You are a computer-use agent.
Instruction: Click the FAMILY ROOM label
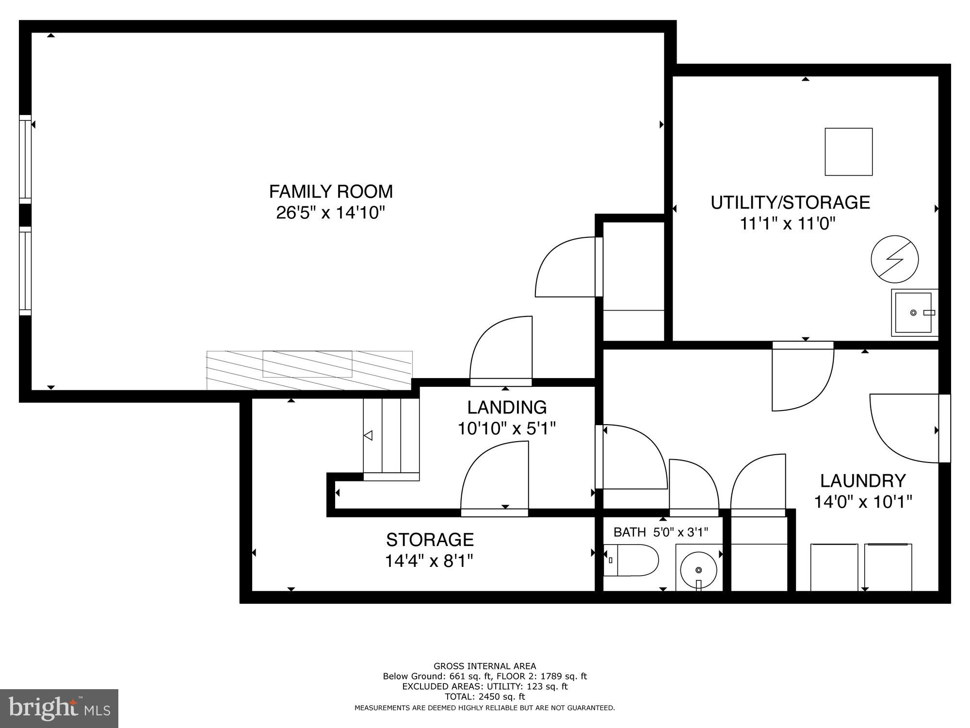click(x=331, y=192)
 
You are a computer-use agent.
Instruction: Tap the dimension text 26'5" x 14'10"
click(x=330, y=213)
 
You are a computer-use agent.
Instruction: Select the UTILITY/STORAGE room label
click(x=790, y=202)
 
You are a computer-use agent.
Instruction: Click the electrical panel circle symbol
click(x=894, y=259)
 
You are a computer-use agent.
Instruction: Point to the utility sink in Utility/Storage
click(x=914, y=313)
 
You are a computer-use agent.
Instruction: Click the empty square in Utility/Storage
click(x=849, y=151)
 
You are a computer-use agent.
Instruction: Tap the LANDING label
click(x=507, y=407)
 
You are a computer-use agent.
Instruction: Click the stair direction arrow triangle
click(x=368, y=435)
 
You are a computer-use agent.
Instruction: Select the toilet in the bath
click(x=631, y=560)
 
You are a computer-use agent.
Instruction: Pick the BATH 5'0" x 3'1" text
click(x=661, y=532)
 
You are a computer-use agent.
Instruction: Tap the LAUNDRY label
click(x=863, y=480)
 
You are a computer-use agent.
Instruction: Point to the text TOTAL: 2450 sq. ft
click(x=485, y=696)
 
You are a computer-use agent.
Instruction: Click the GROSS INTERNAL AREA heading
click(x=485, y=666)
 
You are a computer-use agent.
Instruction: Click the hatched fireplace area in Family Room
click(x=309, y=370)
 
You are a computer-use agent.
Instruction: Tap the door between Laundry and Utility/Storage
click(x=803, y=376)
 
